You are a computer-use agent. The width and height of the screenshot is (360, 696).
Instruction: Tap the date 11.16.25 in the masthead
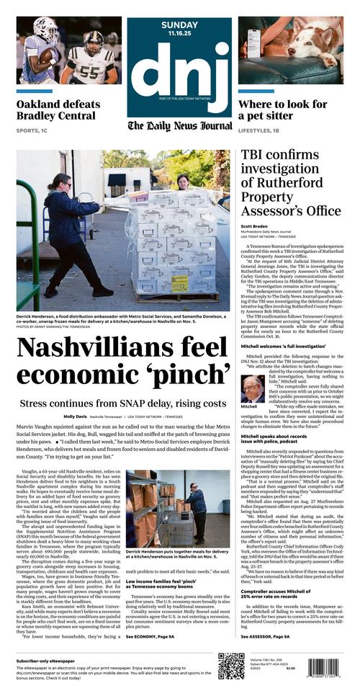(x=179, y=32)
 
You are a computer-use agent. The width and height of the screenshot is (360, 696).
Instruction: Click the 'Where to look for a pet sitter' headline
(x=282, y=110)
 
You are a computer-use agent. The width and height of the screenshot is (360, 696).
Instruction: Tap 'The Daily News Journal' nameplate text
(x=179, y=126)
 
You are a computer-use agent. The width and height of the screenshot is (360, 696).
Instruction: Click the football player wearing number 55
(x=87, y=61)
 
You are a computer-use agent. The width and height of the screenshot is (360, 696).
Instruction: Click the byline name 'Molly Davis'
(x=74, y=416)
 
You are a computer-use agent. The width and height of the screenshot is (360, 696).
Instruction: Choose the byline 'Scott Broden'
(x=254, y=226)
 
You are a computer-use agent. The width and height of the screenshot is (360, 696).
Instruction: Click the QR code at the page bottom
(x=231, y=666)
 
